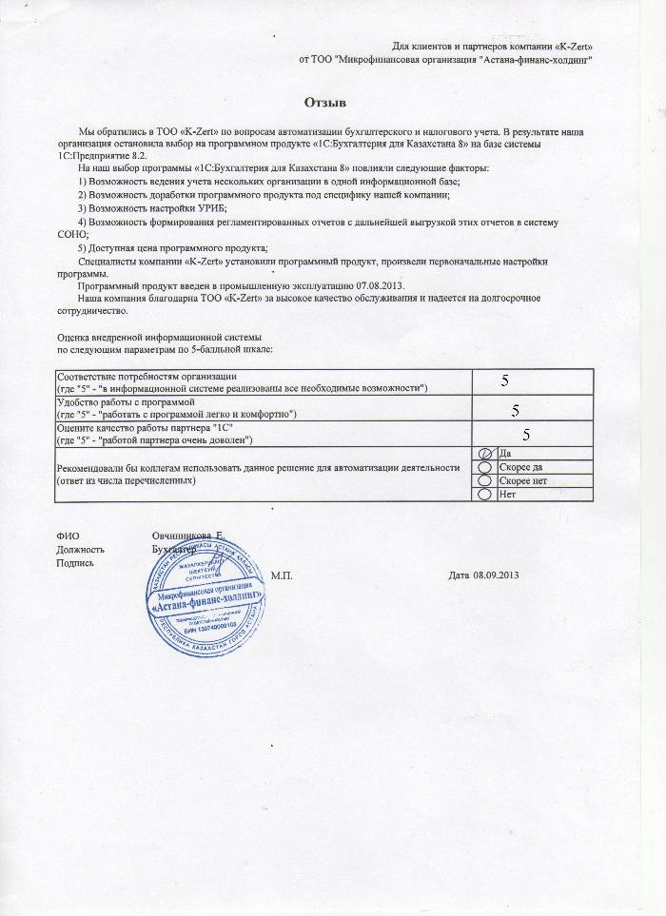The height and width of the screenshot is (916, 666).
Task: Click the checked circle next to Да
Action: pyautogui.click(x=484, y=455)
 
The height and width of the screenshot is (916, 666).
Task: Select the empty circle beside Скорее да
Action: pyautogui.click(x=484, y=468)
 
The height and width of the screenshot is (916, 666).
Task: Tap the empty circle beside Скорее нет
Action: pyautogui.click(x=484, y=481)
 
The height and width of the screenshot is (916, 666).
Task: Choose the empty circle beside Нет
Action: pyautogui.click(x=484, y=495)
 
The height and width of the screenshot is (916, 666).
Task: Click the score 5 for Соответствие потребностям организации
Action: pyautogui.click(x=506, y=380)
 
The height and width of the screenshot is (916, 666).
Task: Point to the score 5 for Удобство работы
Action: pyautogui.click(x=515, y=410)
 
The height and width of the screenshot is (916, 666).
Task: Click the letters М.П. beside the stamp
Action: pyautogui.click(x=283, y=575)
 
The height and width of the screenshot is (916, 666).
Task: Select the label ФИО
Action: pyautogui.click(x=67, y=537)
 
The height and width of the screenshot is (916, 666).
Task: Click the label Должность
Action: pyautogui.click(x=80, y=550)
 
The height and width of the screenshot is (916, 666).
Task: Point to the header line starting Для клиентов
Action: pyautogui.click(x=500, y=47)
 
